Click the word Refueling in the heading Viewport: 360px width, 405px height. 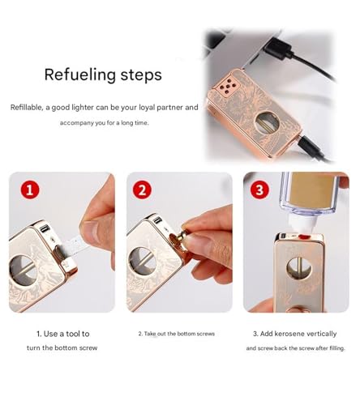pyautogui.click(x=80, y=75)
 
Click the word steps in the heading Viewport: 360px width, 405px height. pyautogui.click(x=141, y=75)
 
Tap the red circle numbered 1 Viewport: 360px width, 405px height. pyautogui.click(x=30, y=190)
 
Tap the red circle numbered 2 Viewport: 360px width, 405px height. pyautogui.click(x=142, y=190)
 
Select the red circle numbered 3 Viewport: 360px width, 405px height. pyautogui.click(x=259, y=190)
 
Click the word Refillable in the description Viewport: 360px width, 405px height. pyautogui.click(x=27, y=108)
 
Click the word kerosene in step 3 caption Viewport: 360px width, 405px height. pyautogui.click(x=289, y=334)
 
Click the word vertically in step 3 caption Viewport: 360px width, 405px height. pyautogui.click(x=322, y=335)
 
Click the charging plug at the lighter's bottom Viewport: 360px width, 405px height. pyautogui.click(x=311, y=146)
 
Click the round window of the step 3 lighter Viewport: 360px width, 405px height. pyautogui.click(x=299, y=269)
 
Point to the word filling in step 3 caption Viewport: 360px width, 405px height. pyautogui.click(x=337, y=348)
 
